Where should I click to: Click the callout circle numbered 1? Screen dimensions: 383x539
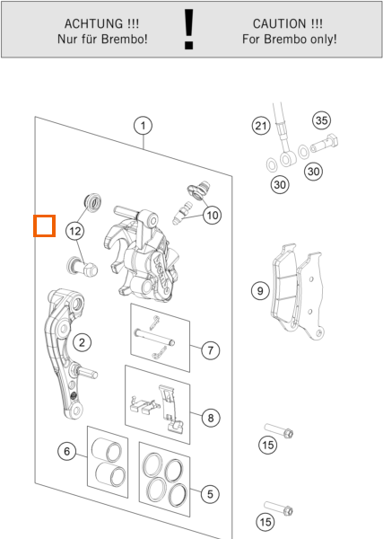click(x=144, y=126)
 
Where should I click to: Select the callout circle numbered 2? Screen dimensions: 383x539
click(x=82, y=342)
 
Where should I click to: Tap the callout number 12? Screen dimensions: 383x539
click(x=75, y=231)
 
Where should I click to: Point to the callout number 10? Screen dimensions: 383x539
click(x=212, y=216)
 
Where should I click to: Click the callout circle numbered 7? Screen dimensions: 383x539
click(x=210, y=350)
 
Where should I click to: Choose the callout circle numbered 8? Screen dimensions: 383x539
click(x=211, y=418)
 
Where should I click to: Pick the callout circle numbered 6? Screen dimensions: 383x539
click(x=67, y=451)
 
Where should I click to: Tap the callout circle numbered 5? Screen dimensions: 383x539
click(x=210, y=494)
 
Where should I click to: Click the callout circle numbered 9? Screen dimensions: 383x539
click(x=260, y=291)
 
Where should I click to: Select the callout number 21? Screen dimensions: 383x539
click(x=261, y=126)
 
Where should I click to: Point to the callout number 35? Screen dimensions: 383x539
click(x=322, y=120)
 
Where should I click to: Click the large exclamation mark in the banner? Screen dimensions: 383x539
click(x=188, y=30)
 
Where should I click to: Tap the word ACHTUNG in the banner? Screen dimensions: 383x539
click(x=93, y=24)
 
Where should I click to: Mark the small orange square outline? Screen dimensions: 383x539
click(x=44, y=225)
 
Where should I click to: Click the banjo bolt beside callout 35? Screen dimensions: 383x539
click(x=325, y=144)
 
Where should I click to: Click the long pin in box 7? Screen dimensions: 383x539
click(x=155, y=338)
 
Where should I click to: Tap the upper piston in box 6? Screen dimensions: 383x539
click(x=107, y=450)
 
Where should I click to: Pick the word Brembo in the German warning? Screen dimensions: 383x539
click(x=125, y=39)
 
